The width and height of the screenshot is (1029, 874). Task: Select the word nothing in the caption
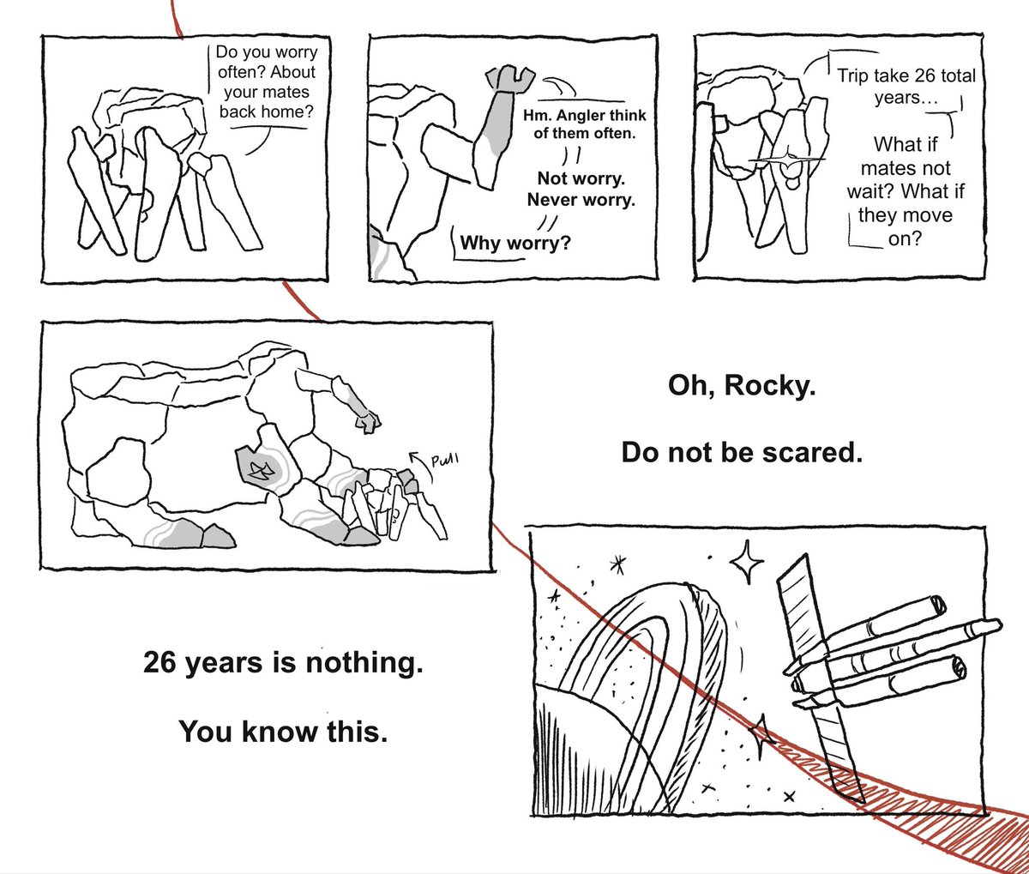click(x=364, y=663)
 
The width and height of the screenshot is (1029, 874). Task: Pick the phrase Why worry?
click(x=515, y=243)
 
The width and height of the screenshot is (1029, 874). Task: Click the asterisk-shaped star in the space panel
click(x=617, y=564)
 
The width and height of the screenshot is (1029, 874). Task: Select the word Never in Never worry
click(x=552, y=200)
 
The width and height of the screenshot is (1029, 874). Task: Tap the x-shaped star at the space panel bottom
click(x=789, y=798)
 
